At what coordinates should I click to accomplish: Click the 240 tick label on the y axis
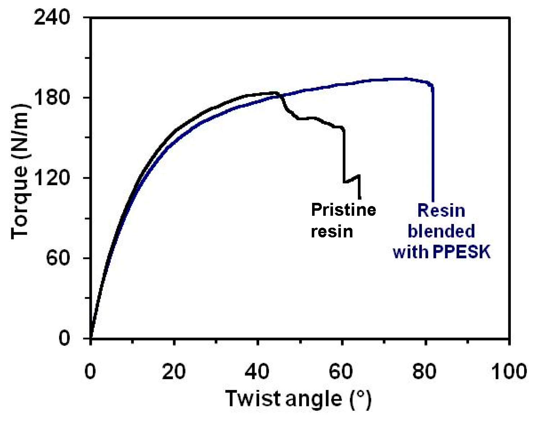point(51,17)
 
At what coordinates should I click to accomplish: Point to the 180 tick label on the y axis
point(51,98)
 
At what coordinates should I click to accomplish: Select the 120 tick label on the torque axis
point(51,178)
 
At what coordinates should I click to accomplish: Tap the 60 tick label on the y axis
point(58,258)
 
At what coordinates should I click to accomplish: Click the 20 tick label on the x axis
point(174,371)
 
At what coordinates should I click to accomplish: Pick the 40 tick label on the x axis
point(258,371)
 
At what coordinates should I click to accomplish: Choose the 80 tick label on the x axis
point(425,371)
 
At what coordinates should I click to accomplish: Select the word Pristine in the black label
point(343,210)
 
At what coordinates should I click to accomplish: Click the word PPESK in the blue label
point(461,252)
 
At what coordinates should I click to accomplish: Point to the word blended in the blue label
point(441,231)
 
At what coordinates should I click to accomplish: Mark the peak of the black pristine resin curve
point(274,93)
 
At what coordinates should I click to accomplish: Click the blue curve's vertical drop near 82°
point(433,144)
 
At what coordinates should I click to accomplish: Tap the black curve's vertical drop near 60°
point(344,155)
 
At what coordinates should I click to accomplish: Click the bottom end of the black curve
point(359,197)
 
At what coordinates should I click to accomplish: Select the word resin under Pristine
point(332,231)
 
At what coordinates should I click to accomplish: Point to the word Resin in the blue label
point(441,211)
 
